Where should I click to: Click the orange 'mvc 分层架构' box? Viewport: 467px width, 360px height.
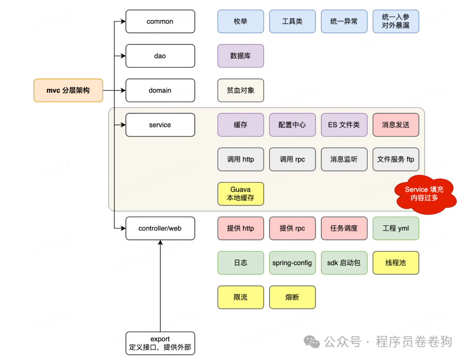coord(68,90)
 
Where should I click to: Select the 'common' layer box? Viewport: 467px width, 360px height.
coord(160,22)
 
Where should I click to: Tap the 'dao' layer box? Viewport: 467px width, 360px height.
coord(160,56)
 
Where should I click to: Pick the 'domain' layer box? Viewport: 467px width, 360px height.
coord(160,90)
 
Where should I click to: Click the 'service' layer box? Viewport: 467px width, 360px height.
coord(160,125)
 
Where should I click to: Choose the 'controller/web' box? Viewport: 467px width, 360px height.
coord(160,228)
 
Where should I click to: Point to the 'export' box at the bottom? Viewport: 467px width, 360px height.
coord(160,343)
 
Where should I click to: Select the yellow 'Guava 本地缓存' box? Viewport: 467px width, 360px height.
coord(241,194)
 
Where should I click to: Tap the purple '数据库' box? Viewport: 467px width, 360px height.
coord(241,56)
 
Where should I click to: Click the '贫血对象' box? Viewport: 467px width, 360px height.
coord(241,90)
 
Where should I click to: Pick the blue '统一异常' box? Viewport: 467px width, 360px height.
coord(344,22)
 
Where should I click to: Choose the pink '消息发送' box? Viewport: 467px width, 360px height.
coord(396,125)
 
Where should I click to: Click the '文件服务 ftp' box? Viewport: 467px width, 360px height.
coord(396,159)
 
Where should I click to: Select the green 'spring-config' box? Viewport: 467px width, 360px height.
coord(292,263)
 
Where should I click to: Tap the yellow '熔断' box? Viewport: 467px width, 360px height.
coord(292,297)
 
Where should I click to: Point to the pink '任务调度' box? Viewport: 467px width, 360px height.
coord(344,228)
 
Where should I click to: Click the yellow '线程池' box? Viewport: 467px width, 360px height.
coord(396,263)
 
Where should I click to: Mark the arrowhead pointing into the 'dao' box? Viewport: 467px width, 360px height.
coord(123,56)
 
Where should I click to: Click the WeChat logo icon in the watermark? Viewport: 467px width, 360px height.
coord(311,341)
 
